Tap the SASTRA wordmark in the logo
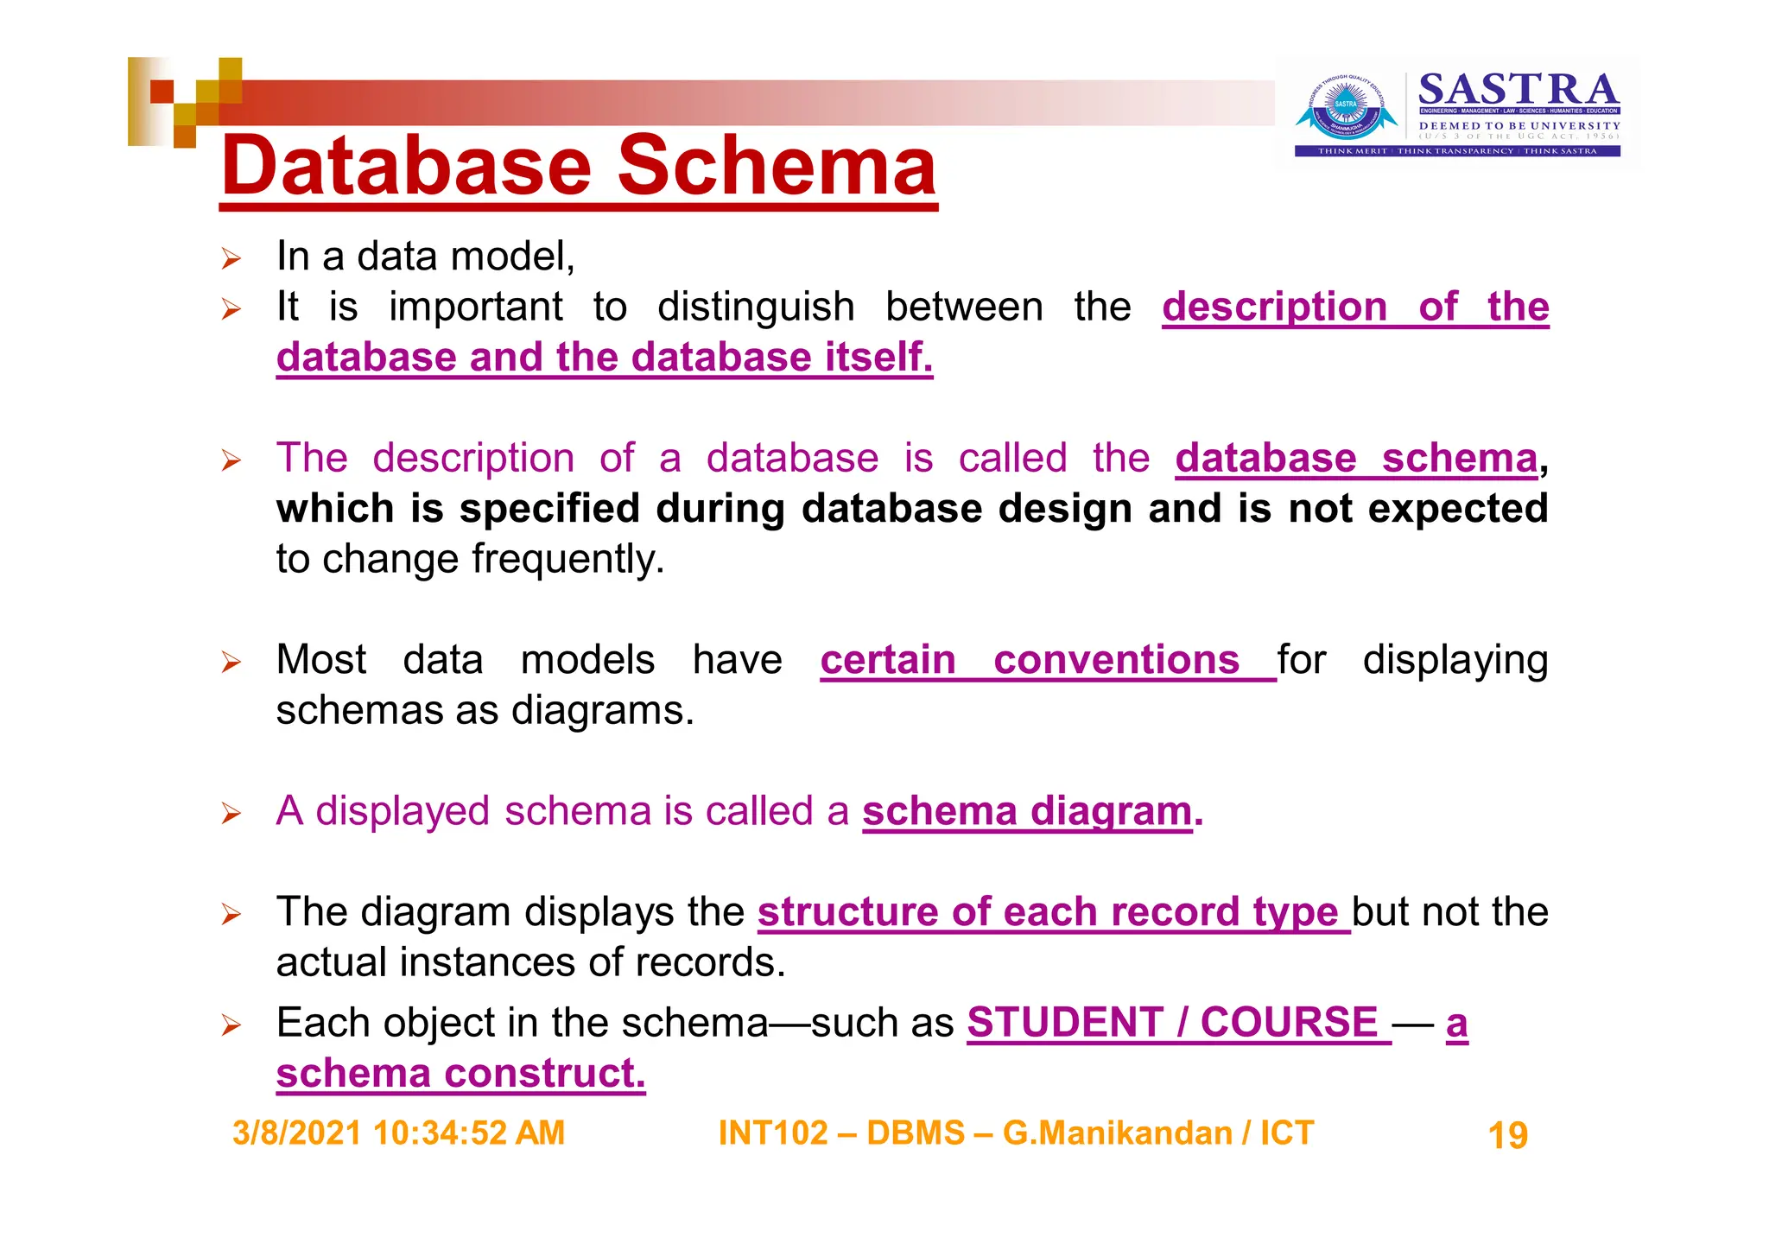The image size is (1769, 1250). [x=1518, y=90]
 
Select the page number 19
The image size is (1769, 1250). [x=1507, y=1135]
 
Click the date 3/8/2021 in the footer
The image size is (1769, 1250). [x=296, y=1133]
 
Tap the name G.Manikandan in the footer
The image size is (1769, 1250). [x=1117, y=1133]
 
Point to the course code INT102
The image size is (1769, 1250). [x=772, y=1133]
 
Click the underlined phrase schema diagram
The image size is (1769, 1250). [x=1026, y=811]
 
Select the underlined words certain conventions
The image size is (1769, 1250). [x=1030, y=660]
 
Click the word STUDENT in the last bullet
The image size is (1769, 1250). [x=1064, y=1023]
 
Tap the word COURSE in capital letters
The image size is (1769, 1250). [x=1289, y=1023]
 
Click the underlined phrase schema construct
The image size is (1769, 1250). [x=460, y=1074]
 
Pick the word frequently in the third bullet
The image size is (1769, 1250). [x=567, y=559]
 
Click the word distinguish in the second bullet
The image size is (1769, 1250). [x=755, y=307]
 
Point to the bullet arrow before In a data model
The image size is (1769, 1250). [x=230, y=258]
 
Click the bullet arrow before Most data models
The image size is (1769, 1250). [x=230, y=663]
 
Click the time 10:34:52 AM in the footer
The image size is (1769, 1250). [x=468, y=1133]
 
